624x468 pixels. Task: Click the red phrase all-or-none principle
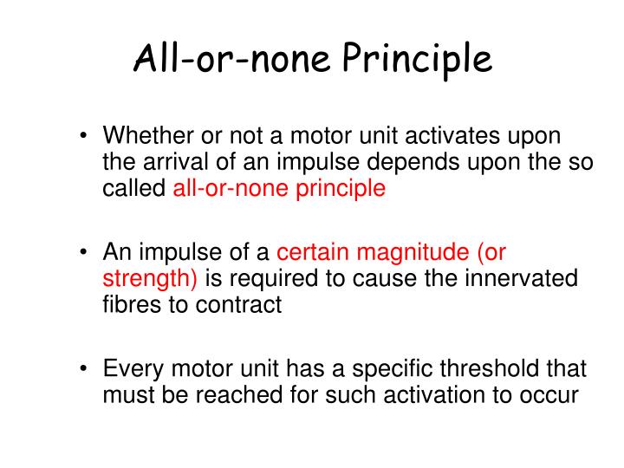coord(279,187)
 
